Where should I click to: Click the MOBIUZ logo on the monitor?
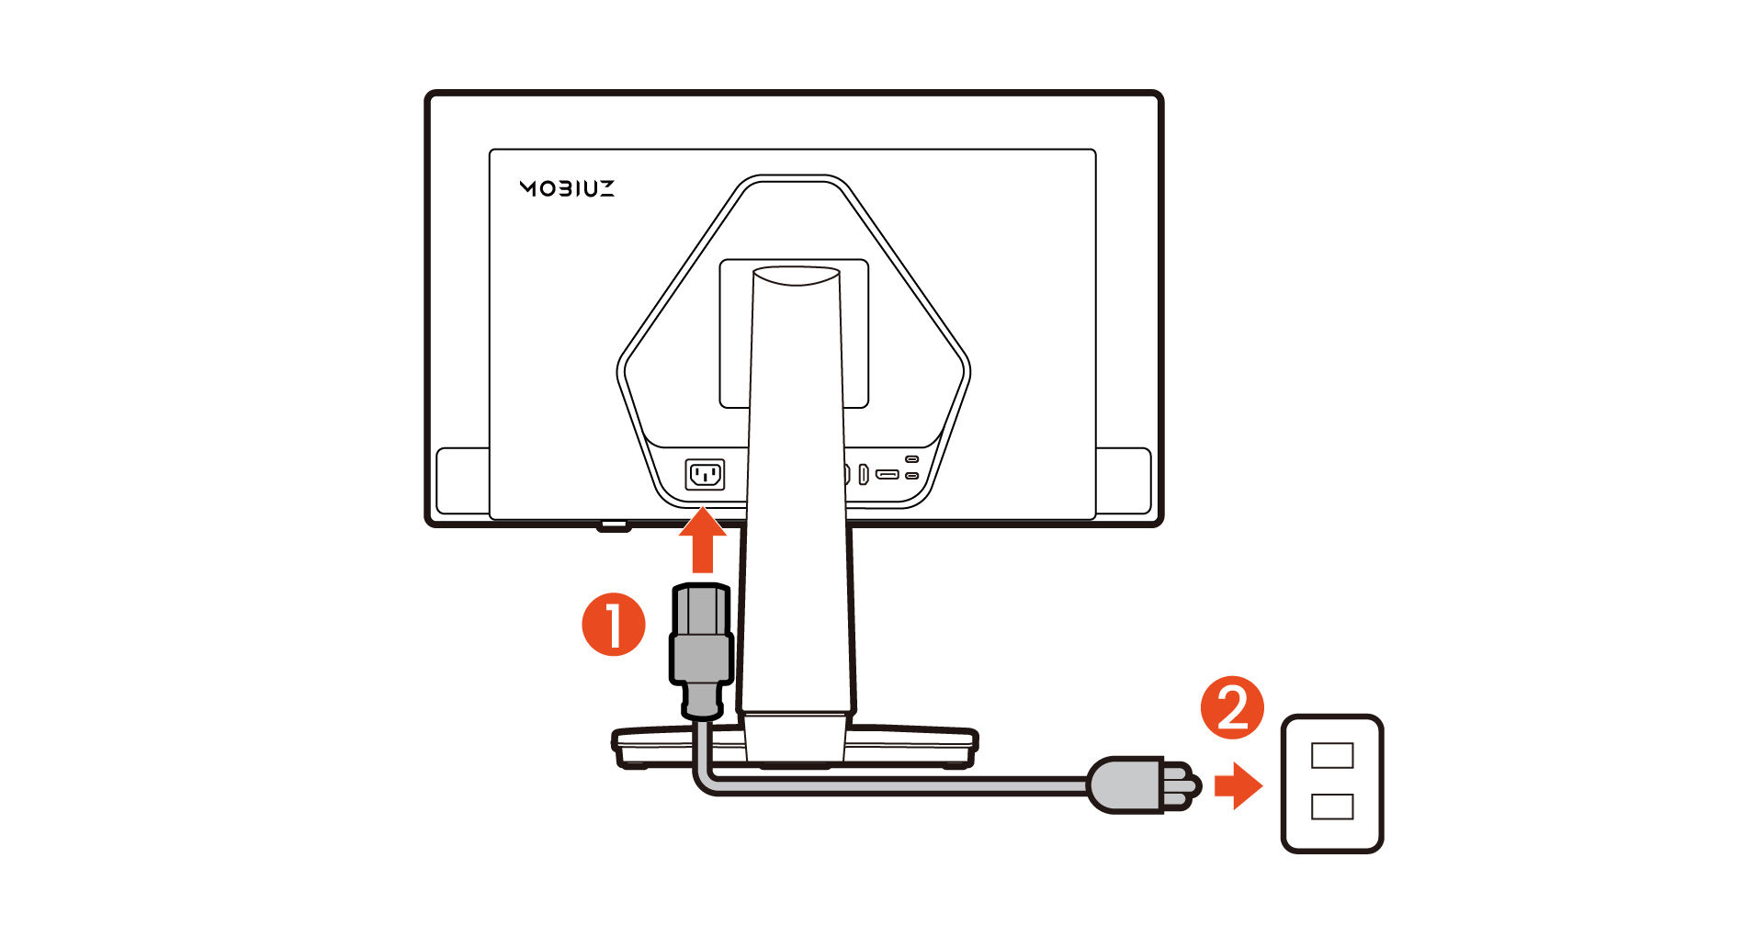tap(567, 188)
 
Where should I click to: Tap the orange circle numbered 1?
tap(614, 625)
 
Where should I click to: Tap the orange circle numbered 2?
tap(1233, 708)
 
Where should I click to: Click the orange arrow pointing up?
tap(703, 541)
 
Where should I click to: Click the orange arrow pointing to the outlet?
tap(1238, 786)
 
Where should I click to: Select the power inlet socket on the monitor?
tap(705, 475)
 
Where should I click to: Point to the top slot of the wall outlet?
tap(1332, 755)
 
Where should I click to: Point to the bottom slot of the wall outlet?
tap(1332, 807)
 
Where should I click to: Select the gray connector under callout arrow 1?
tap(701, 650)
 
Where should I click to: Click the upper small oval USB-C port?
tap(911, 458)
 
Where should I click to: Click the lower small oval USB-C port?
tap(911, 476)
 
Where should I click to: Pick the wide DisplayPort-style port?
tap(888, 475)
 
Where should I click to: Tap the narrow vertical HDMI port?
tap(864, 475)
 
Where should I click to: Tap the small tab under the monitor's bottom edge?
tap(614, 527)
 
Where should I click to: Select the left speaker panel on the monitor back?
tap(462, 481)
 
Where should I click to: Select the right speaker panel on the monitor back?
tap(1124, 481)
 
